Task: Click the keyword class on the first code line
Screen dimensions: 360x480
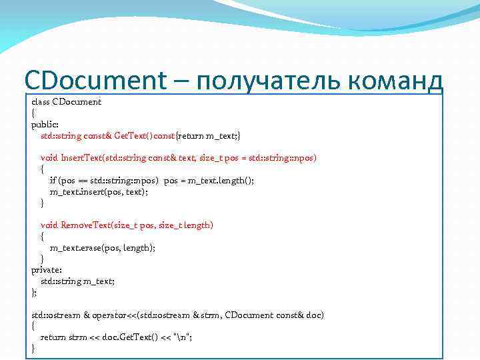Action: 40,102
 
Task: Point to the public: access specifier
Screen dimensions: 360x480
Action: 44,125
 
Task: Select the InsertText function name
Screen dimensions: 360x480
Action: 81,158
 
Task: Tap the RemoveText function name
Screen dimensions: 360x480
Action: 85,225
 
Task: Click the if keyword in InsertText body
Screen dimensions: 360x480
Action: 53,181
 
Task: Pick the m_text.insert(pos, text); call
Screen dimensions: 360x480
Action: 99,191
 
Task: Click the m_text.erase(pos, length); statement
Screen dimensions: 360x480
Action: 103,247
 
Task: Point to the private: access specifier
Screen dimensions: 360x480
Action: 45,270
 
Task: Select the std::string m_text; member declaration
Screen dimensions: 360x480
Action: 77,281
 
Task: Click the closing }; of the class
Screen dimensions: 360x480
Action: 34,293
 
